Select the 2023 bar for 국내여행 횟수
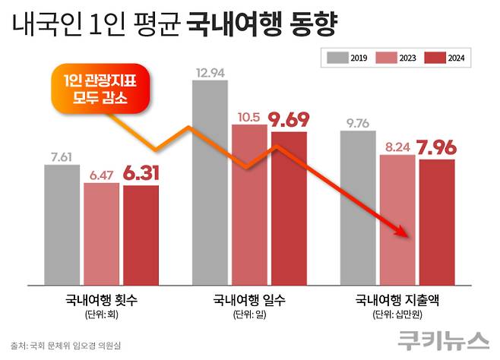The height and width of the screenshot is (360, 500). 101,231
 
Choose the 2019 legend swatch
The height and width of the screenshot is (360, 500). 337,57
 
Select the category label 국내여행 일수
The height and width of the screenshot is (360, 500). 249,298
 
